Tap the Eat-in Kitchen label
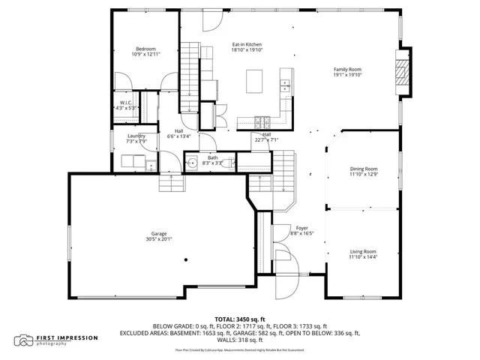coord(246,45)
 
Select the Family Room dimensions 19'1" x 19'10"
coord(347,75)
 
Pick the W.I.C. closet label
coord(125,103)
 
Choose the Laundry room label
coord(136,136)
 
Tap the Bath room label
coord(212,157)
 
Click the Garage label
coord(159,233)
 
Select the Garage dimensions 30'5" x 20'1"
coord(159,239)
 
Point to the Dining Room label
coord(363,169)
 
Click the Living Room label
coord(363,251)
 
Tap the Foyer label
coord(301,227)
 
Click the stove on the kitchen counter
coord(262,121)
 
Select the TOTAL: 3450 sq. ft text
coord(239,319)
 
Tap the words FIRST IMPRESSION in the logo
coord(67,337)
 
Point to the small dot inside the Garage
coord(186,260)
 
